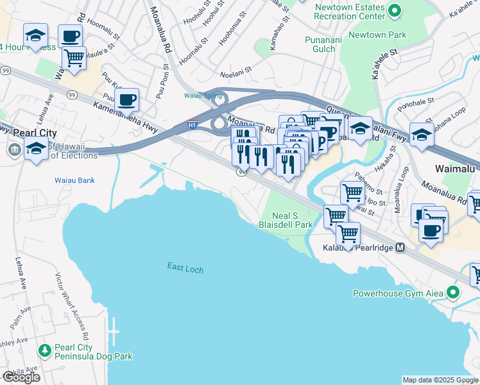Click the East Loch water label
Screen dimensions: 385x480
185,268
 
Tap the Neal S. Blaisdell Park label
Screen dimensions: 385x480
285,221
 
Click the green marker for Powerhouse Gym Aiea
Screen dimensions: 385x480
453,293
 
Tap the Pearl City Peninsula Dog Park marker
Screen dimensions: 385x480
45,350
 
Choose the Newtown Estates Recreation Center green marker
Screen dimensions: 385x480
395,10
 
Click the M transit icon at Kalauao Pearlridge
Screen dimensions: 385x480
400,247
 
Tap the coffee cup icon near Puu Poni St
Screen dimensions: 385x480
128,100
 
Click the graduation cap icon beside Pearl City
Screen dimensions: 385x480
36,148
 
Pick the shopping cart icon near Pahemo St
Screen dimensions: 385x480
352,192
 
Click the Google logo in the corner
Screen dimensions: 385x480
21,377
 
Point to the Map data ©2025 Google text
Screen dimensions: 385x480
440,380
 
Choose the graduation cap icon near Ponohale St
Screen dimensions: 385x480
422,134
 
